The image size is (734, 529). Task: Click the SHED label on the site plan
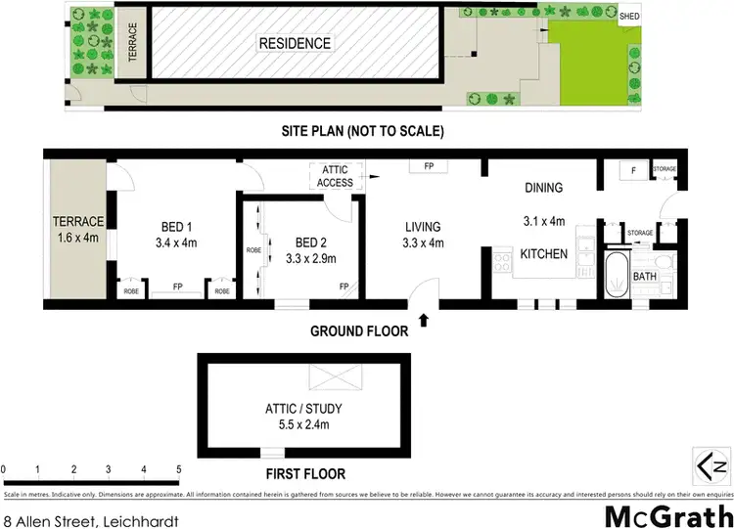629,17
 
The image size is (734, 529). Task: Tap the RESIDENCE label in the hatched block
294,43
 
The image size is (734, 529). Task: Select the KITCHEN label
543,254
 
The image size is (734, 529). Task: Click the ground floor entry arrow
423,320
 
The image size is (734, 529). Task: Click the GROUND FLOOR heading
359,331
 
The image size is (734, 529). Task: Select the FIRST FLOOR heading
305,474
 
